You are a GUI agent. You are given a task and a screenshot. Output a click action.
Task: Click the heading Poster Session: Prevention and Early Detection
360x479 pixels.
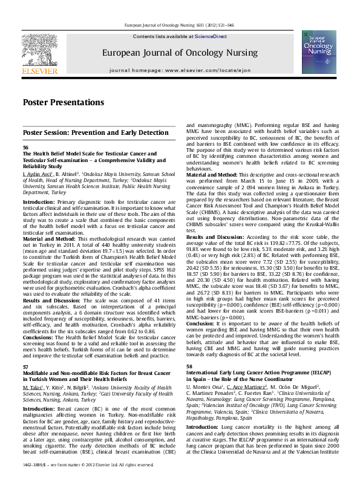click(96, 132)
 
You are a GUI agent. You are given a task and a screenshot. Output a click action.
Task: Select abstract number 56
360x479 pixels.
click(25, 148)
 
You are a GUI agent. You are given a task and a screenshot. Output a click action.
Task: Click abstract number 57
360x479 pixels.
click(25, 350)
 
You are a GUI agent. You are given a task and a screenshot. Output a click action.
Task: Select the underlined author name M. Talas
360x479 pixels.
click(31, 370)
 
